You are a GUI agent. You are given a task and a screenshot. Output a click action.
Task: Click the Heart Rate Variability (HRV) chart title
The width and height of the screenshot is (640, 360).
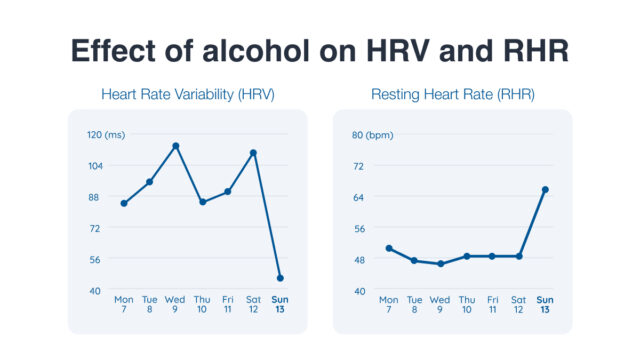187,95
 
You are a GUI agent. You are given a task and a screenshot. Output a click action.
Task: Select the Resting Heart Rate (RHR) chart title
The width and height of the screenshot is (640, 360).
452,95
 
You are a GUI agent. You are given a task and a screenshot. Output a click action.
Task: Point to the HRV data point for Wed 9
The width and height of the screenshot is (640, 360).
176,146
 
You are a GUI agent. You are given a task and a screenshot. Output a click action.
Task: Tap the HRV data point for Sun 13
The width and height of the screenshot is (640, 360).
280,278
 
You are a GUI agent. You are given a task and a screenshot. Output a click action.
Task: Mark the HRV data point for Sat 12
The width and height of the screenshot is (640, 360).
254,153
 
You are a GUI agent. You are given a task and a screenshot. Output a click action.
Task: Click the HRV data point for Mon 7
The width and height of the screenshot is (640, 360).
124,203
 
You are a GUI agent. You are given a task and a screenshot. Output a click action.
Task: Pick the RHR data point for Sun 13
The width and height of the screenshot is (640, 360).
545,189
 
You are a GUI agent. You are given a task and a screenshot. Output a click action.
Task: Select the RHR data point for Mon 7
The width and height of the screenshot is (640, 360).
389,248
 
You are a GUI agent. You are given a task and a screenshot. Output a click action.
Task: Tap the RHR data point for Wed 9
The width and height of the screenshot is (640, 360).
441,264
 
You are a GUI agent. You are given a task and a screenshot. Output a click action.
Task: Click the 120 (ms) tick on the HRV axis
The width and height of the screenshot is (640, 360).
105,135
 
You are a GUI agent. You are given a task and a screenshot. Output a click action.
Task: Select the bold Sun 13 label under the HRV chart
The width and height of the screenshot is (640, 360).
280,304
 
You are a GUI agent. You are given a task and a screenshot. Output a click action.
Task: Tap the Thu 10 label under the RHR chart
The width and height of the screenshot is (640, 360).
467,304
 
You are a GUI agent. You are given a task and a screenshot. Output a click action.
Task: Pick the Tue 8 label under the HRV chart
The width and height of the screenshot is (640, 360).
149,304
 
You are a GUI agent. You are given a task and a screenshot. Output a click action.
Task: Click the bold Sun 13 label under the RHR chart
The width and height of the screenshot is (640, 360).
545,304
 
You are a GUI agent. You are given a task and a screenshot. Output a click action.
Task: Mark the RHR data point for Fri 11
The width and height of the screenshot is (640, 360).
493,256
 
